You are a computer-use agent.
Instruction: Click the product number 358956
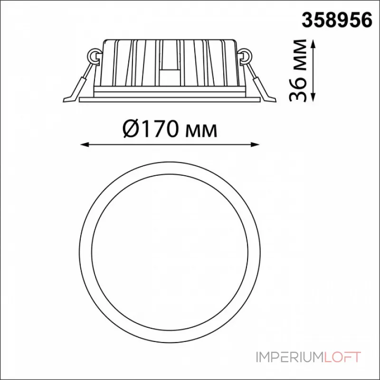coord(337,20)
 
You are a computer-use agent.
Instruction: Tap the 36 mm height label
coord(298,70)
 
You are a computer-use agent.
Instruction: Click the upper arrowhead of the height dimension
coord(313,44)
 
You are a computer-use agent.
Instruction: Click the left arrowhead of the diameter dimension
coord(84,145)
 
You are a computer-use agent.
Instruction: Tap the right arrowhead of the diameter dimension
coord(255,145)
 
